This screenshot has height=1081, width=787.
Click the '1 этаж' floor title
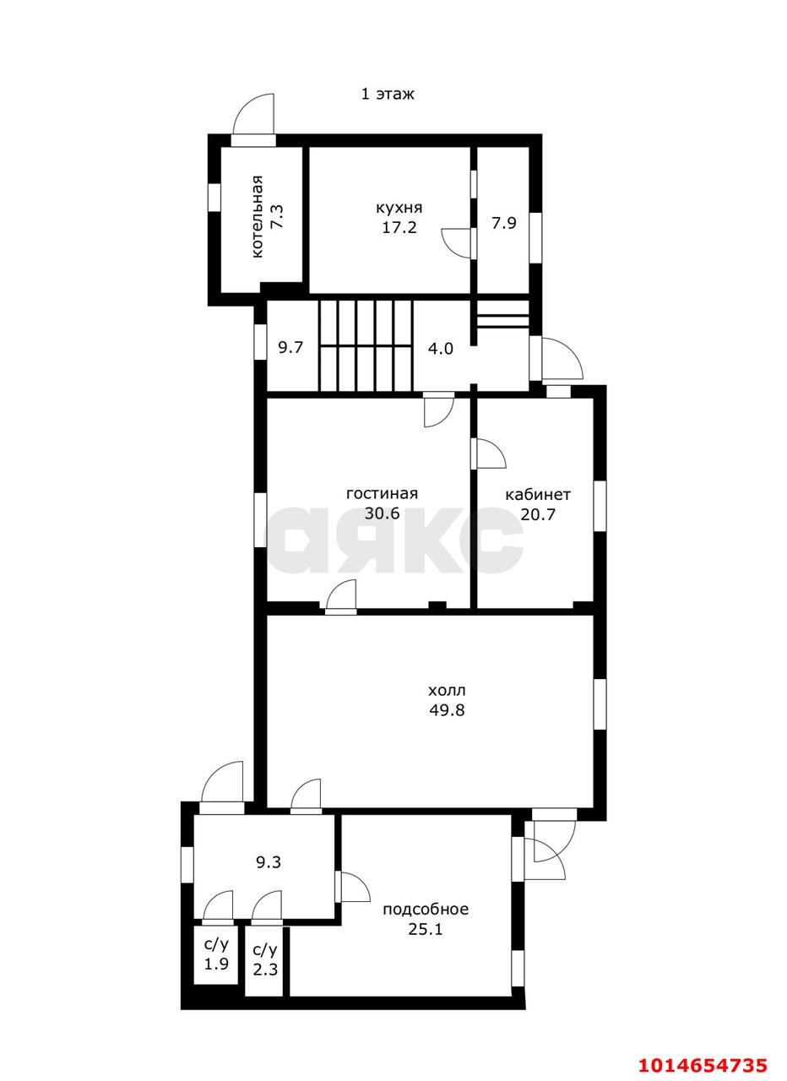pos(388,94)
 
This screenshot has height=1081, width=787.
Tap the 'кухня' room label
pos(399,208)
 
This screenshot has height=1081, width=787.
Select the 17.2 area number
pos(399,227)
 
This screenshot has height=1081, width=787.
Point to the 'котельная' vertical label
pos(258,217)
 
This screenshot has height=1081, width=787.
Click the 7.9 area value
pos(504,223)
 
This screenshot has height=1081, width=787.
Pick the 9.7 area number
pos(290,347)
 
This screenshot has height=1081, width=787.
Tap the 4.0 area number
pos(441,349)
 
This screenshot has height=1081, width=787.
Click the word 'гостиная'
pos(382,494)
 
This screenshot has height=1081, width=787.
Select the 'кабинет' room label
pos(538,495)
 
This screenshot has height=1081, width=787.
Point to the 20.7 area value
pos(538,514)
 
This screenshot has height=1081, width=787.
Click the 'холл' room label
pos(447,691)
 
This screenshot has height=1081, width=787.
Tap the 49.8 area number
pos(447,710)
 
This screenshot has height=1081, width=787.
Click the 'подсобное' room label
pos(426,910)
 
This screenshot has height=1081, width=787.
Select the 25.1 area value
pos(426,929)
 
